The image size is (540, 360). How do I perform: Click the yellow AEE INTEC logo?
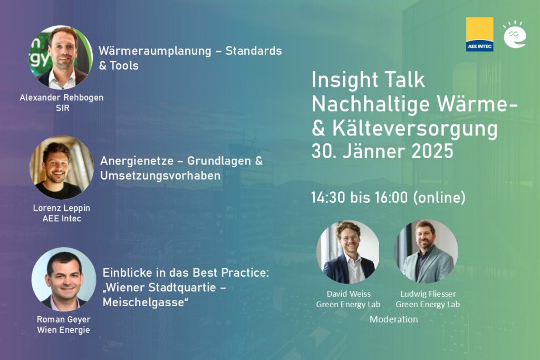[479, 34]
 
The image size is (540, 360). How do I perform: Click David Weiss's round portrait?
[348, 252]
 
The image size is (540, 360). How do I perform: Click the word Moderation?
[393, 319]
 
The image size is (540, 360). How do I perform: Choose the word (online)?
[439, 198]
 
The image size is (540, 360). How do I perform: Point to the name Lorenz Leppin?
[61, 208]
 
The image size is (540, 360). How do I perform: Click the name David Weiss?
[348, 294]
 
